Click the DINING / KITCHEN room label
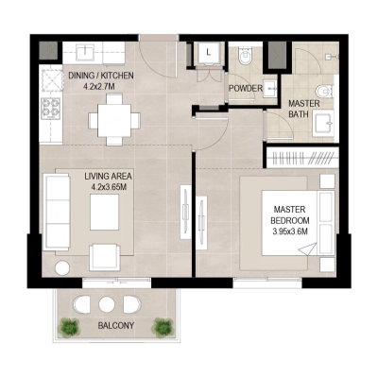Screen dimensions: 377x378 (101, 76)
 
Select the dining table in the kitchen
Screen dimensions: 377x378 (106, 119)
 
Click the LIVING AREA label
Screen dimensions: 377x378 (107, 175)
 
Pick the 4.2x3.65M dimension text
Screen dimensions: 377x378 (108, 186)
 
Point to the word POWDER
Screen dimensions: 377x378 (246, 89)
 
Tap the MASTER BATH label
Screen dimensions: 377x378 (304, 110)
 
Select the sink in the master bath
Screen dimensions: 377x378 (323, 124)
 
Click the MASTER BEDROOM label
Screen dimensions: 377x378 (294, 214)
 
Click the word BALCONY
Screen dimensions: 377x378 (116, 326)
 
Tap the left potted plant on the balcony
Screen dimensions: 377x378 (69, 327)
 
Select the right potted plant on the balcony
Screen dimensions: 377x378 (162, 327)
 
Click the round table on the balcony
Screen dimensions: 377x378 (107, 304)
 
